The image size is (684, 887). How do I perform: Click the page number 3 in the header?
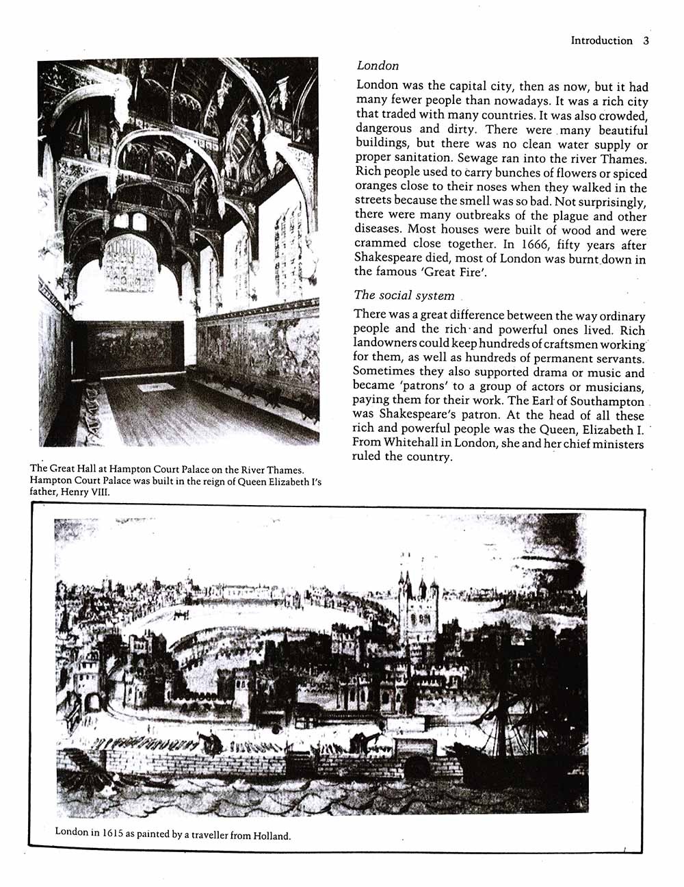click(x=646, y=40)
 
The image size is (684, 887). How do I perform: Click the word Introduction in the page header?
click(x=602, y=40)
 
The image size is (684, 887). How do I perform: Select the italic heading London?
click(x=378, y=66)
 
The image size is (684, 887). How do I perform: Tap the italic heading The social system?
click(x=404, y=295)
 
